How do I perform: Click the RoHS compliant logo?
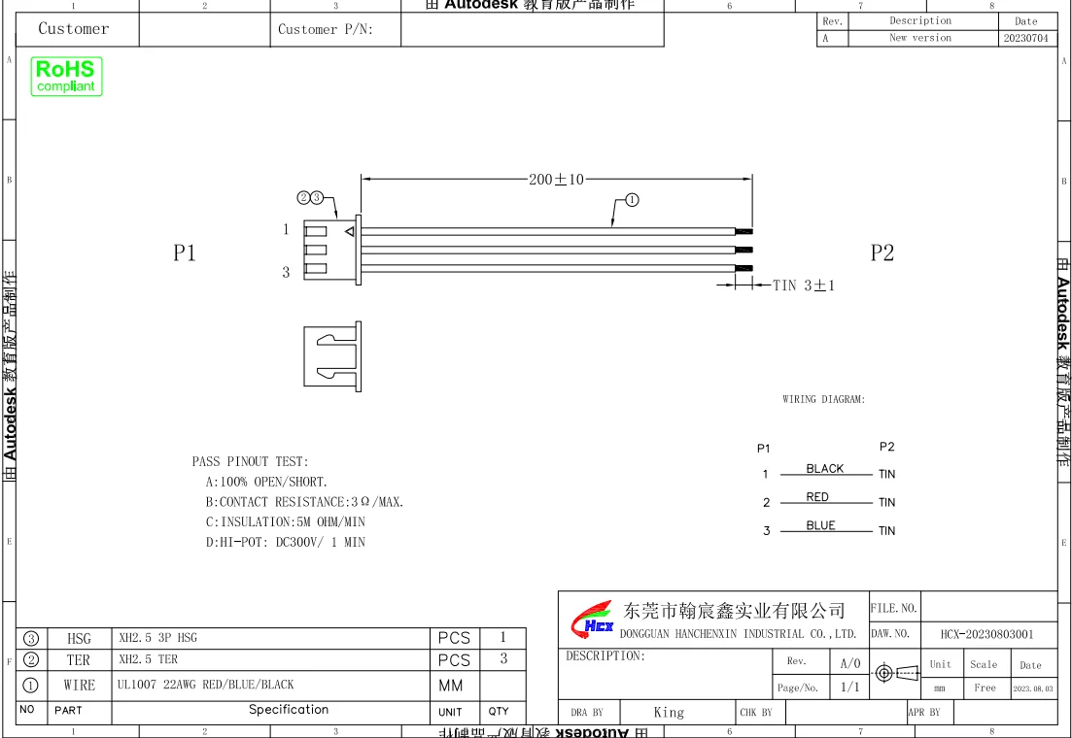click(x=66, y=77)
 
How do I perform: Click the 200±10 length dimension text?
click(x=556, y=180)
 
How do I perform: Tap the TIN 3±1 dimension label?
click(x=804, y=285)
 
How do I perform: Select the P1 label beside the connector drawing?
click(x=185, y=253)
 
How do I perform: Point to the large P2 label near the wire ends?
click(x=882, y=253)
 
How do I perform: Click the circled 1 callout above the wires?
click(x=632, y=200)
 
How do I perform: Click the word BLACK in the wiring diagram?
click(x=824, y=469)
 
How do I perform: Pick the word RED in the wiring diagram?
click(x=817, y=497)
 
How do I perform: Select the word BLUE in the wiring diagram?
click(x=820, y=525)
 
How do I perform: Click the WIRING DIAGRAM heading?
click(x=823, y=399)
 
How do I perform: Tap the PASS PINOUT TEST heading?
click(x=250, y=462)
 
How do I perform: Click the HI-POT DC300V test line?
click(x=285, y=543)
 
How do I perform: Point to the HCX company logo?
click(x=591, y=619)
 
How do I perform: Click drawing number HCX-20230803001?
click(x=986, y=634)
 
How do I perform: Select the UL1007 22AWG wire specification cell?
click(x=205, y=685)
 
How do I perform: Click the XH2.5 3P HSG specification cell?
click(x=157, y=638)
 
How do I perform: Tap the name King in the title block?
click(x=669, y=713)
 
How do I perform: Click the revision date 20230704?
click(x=1025, y=39)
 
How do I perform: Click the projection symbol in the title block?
click(x=896, y=673)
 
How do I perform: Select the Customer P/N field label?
click(x=326, y=29)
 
